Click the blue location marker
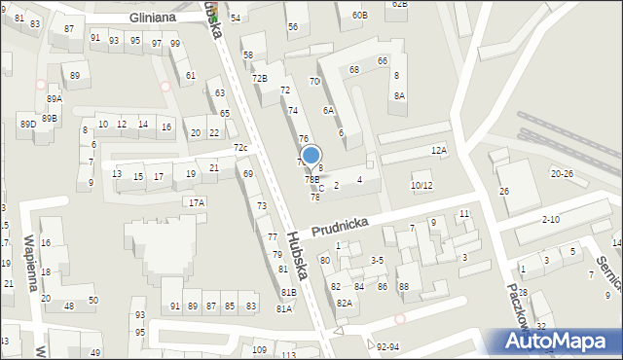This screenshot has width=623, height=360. point(311,154)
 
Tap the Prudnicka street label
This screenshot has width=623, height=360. point(340,228)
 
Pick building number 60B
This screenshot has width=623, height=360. point(360,15)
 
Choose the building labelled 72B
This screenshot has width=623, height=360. point(259,77)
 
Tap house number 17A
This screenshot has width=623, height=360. point(197,202)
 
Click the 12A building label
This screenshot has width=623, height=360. point(440,150)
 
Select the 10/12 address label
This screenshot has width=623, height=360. point(421,185)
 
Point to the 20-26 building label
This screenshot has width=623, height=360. point(562,173)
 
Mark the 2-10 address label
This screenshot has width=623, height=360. point(551,220)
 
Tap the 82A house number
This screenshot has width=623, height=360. point(344,303)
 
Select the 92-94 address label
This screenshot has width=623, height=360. point(387,345)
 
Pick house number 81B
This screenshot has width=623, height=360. point(288,292)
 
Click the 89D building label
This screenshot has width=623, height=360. point(27,124)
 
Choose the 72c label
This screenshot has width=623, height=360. point(240,148)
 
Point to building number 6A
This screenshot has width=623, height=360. point(329,110)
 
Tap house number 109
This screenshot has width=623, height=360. point(259,349)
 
